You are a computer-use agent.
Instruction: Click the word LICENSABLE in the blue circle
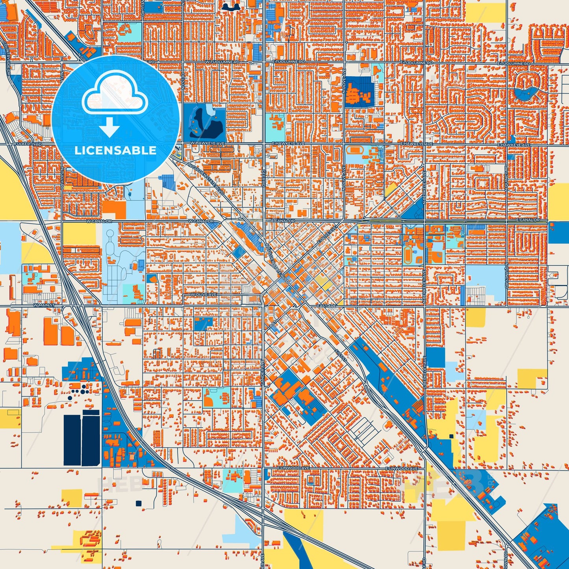click(115, 150)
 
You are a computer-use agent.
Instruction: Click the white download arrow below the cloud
click(109, 127)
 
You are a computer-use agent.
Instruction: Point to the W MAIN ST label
click(44, 305)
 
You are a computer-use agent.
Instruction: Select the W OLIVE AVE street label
click(203, 295)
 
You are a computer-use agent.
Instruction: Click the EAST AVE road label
click(326, 306)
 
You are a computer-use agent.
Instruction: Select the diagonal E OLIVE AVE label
click(326, 235)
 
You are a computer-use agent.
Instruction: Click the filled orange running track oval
click(408, 255)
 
